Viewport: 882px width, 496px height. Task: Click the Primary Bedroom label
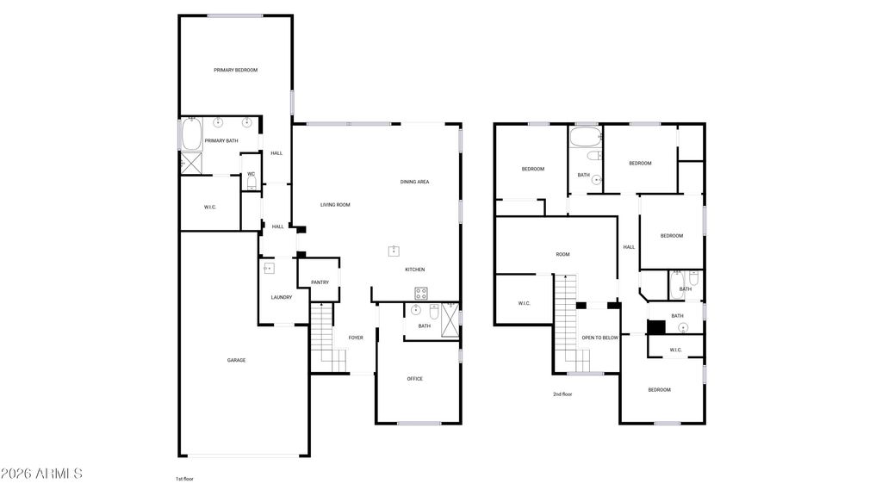pyautogui.click(x=236, y=71)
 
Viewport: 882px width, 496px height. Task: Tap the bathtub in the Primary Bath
pyautogui.click(x=191, y=133)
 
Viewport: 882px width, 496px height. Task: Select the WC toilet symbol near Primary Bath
pyautogui.click(x=252, y=184)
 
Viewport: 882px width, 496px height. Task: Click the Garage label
pyautogui.click(x=236, y=361)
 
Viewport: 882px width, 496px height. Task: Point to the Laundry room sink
pyautogui.click(x=270, y=269)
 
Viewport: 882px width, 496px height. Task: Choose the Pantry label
pyautogui.click(x=320, y=282)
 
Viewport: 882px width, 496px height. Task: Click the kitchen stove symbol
pyautogui.click(x=420, y=293)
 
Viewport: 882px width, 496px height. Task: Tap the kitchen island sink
pyautogui.click(x=394, y=251)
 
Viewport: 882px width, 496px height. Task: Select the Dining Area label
pyautogui.click(x=414, y=183)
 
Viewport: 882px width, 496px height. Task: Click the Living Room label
pyautogui.click(x=335, y=205)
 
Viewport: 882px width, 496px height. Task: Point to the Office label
pyautogui.click(x=415, y=379)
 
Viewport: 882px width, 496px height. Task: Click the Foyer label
pyautogui.click(x=356, y=338)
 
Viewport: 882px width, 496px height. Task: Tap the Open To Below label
pyautogui.click(x=599, y=338)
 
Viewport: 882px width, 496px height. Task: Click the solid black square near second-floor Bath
pyautogui.click(x=655, y=326)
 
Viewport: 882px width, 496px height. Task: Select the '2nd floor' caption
pyautogui.click(x=562, y=394)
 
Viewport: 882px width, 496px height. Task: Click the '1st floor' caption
pyautogui.click(x=184, y=479)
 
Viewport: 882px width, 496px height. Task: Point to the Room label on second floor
pyautogui.click(x=563, y=255)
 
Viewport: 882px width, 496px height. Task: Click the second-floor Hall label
pyautogui.click(x=629, y=247)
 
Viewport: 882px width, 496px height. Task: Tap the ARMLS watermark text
pyautogui.click(x=41, y=474)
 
